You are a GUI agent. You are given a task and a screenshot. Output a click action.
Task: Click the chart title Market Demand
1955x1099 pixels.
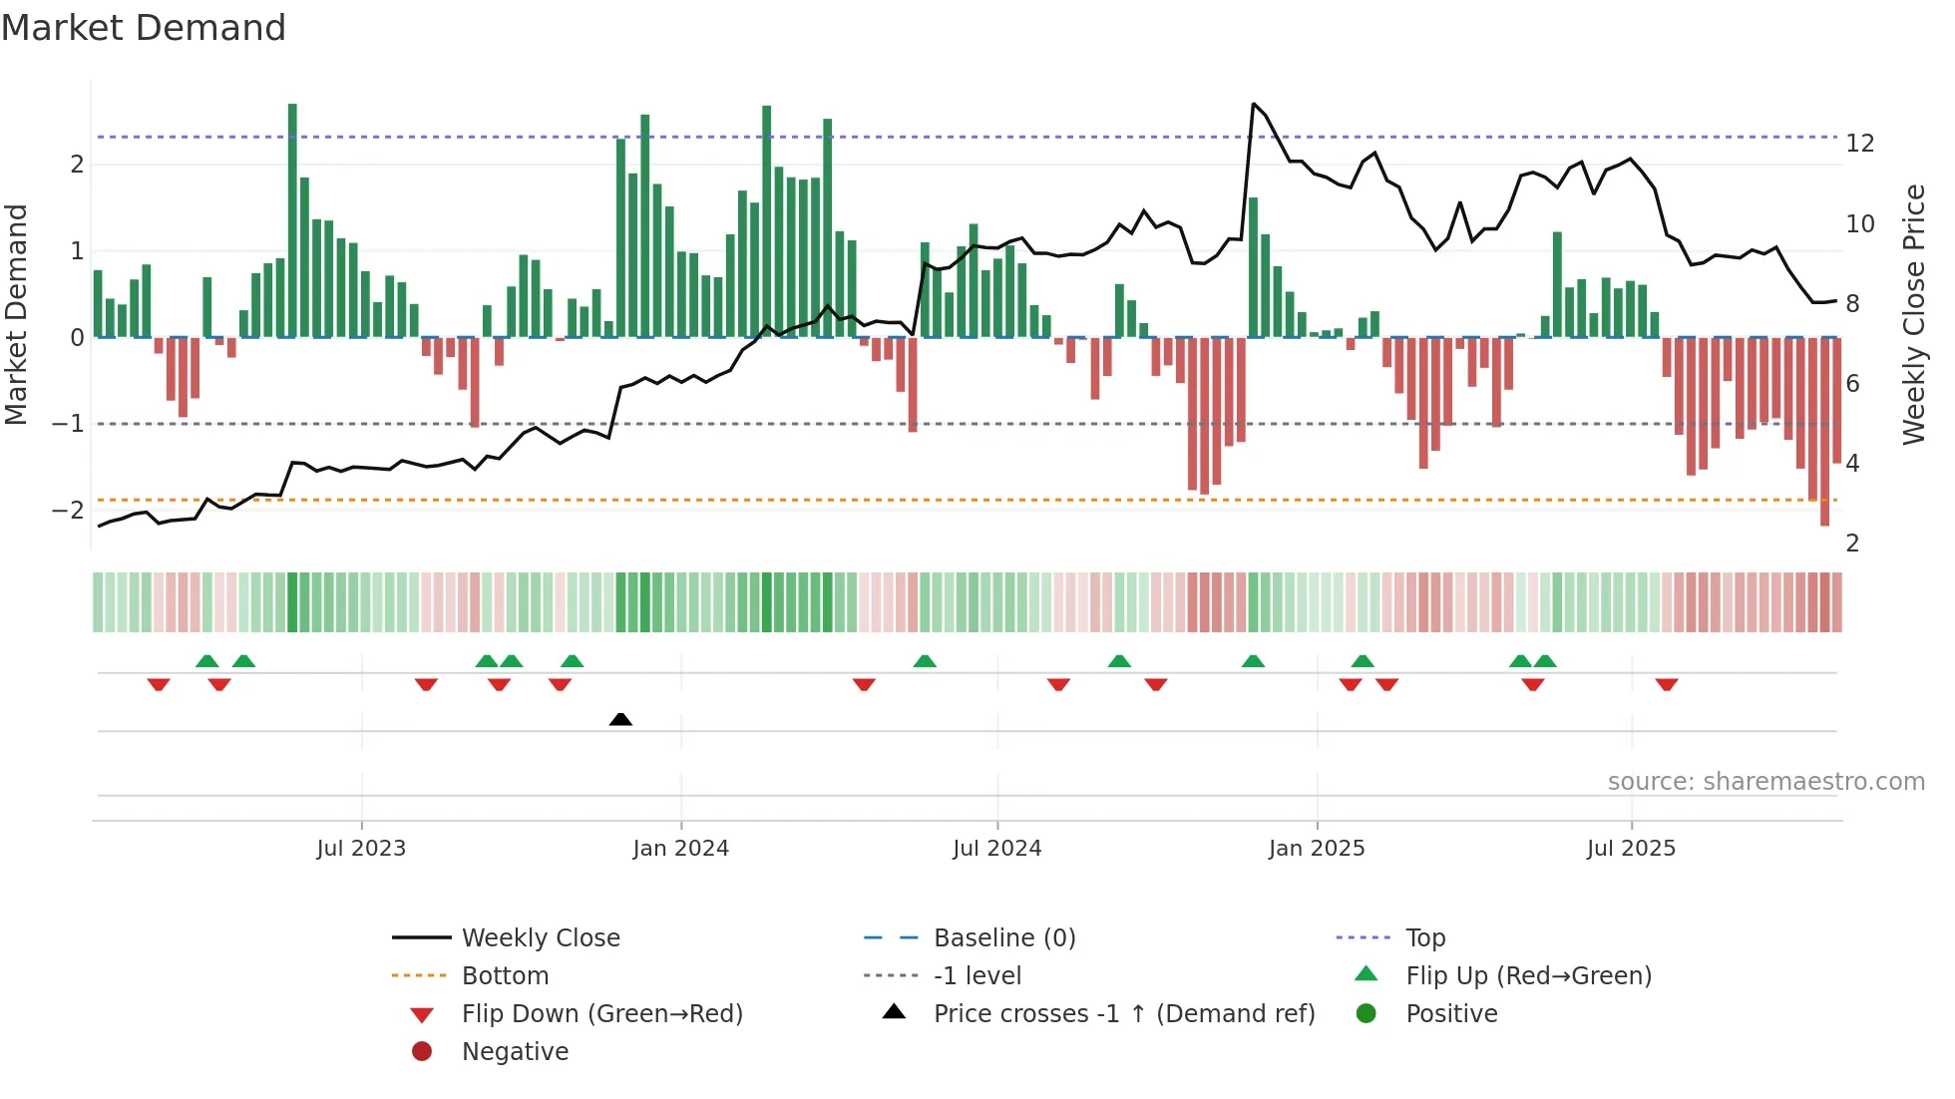pos(144,28)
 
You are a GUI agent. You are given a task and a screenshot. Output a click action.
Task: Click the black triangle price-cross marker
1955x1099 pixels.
pos(620,719)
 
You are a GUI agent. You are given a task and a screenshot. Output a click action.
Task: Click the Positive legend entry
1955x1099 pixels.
pos(1450,1013)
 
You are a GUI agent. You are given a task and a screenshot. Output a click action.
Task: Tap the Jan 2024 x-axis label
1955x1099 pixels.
pos(680,849)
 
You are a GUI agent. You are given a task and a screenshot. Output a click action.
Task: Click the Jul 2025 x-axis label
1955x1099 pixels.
pos(1631,849)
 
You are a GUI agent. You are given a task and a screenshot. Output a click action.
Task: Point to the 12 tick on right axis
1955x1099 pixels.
pos(1859,144)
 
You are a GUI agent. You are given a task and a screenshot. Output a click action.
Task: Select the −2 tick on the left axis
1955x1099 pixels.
pos(68,511)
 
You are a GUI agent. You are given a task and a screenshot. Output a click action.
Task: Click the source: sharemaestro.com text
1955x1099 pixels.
pos(1765,782)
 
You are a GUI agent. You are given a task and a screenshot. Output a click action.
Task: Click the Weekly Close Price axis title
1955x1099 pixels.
pos(1913,314)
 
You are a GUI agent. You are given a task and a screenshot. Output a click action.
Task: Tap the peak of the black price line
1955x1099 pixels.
pos(1254,104)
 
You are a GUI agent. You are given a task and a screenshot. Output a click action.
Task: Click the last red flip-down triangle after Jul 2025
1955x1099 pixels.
pos(1667,685)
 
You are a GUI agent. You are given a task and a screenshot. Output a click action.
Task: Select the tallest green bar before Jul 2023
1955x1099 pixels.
pos(292,219)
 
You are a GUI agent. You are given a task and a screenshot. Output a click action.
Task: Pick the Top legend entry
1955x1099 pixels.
pos(1424,937)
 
